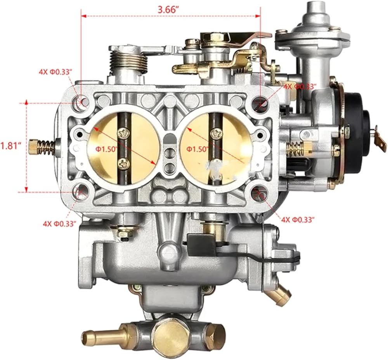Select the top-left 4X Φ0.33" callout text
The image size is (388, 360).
(55, 72)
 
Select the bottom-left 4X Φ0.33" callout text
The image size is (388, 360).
(59, 224)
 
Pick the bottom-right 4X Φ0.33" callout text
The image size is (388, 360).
(298, 219)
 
